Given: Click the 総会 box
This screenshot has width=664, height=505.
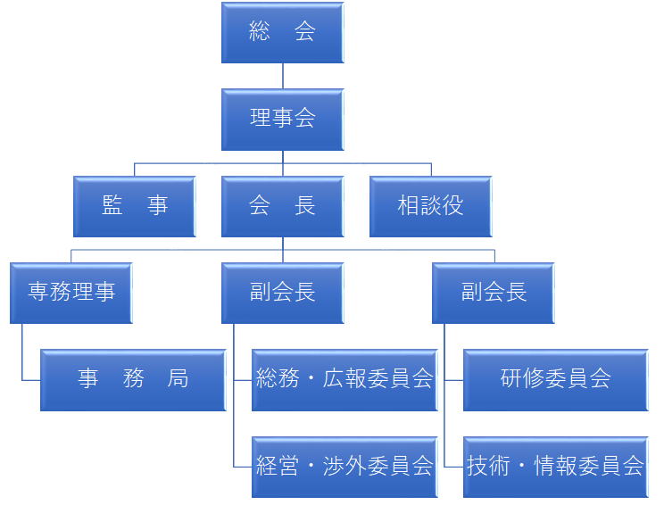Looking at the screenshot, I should pyautogui.click(x=282, y=33).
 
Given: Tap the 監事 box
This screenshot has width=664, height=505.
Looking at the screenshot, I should pyautogui.click(x=135, y=206).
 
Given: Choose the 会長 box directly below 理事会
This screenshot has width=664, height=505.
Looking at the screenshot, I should pyautogui.click(x=282, y=206).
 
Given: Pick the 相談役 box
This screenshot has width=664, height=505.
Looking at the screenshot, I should pyautogui.click(x=430, y=206).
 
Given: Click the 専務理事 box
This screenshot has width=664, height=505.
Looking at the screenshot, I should pyautogui.click(x=71, y=293).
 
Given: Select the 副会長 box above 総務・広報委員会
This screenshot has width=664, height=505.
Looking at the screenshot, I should pyautogui.click(x=282, y=293).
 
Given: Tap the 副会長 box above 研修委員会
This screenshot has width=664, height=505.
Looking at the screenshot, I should pyautogui.click(x=494, y=293).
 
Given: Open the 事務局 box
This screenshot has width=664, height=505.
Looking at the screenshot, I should pyautogui.click(x=133, y=379).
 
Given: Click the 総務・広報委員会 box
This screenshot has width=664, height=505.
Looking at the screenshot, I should pyautogui.click(x=344, y=379).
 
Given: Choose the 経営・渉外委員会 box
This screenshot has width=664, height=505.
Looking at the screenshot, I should pyautogui.click(x=344, y=466).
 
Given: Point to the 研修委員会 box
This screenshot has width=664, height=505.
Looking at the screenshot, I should pyautogui.click(x=555, y=379).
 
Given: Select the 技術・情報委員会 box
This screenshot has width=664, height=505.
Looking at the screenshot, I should pyautogui.click(x=555, y=466).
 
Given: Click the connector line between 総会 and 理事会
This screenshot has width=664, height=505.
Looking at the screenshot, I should pyautogui.click(x=283, y=76).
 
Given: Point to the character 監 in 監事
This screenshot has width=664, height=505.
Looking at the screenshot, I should pyautogui.click(x=112, y=206).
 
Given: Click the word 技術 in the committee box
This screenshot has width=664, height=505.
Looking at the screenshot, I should pyautogui.click(x=488, y=466).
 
